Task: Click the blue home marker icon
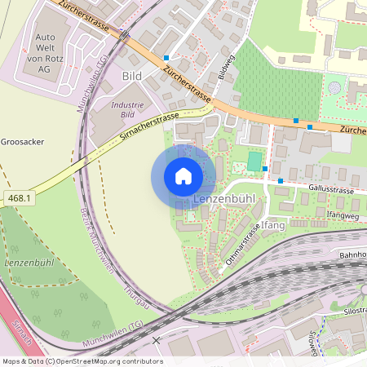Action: tap(183, 176)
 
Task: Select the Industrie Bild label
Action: tap(127, 109)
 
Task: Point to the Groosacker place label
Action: tap(22, 141)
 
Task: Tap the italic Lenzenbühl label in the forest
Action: tap(29, 263)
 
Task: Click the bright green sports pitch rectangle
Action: tap(255, 161)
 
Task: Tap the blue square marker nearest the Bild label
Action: tap(166, 58)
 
